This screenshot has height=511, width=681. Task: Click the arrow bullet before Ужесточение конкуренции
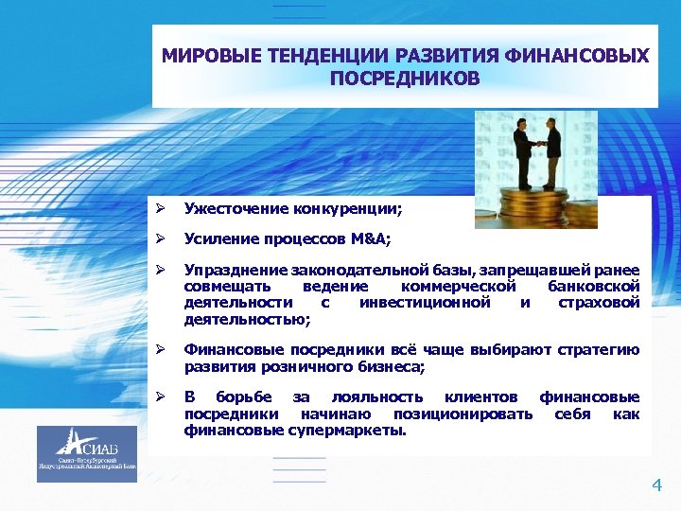(164, 207)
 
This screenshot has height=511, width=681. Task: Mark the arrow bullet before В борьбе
(164, 397)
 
